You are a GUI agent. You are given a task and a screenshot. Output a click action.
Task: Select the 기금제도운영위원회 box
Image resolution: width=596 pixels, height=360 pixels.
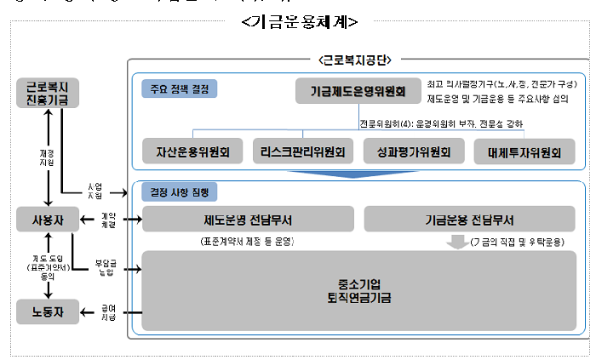click(x=358, y=91)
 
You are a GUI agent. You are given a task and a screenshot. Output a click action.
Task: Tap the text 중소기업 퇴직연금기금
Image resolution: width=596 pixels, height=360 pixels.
click(x=358, y=291)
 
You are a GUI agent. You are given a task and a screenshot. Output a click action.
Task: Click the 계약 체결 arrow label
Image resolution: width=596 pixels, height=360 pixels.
click(x=108, y=220)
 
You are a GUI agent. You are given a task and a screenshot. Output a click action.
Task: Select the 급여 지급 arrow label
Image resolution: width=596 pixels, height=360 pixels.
click(x=108, y=312)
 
